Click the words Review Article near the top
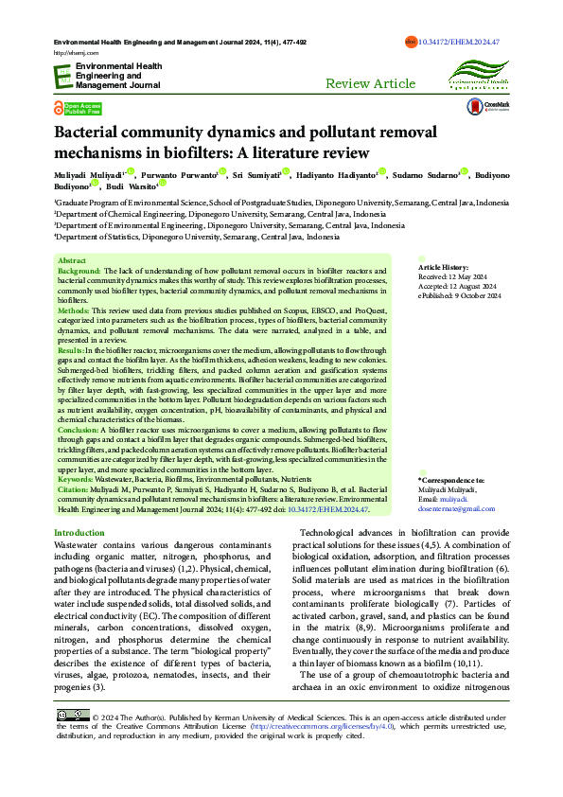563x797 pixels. click(370, 83)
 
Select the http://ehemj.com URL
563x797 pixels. click(72, 53)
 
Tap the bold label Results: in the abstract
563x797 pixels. click(74, 350)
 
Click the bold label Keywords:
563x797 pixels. click(76, 480)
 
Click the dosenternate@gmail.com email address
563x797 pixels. click(456, 508)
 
